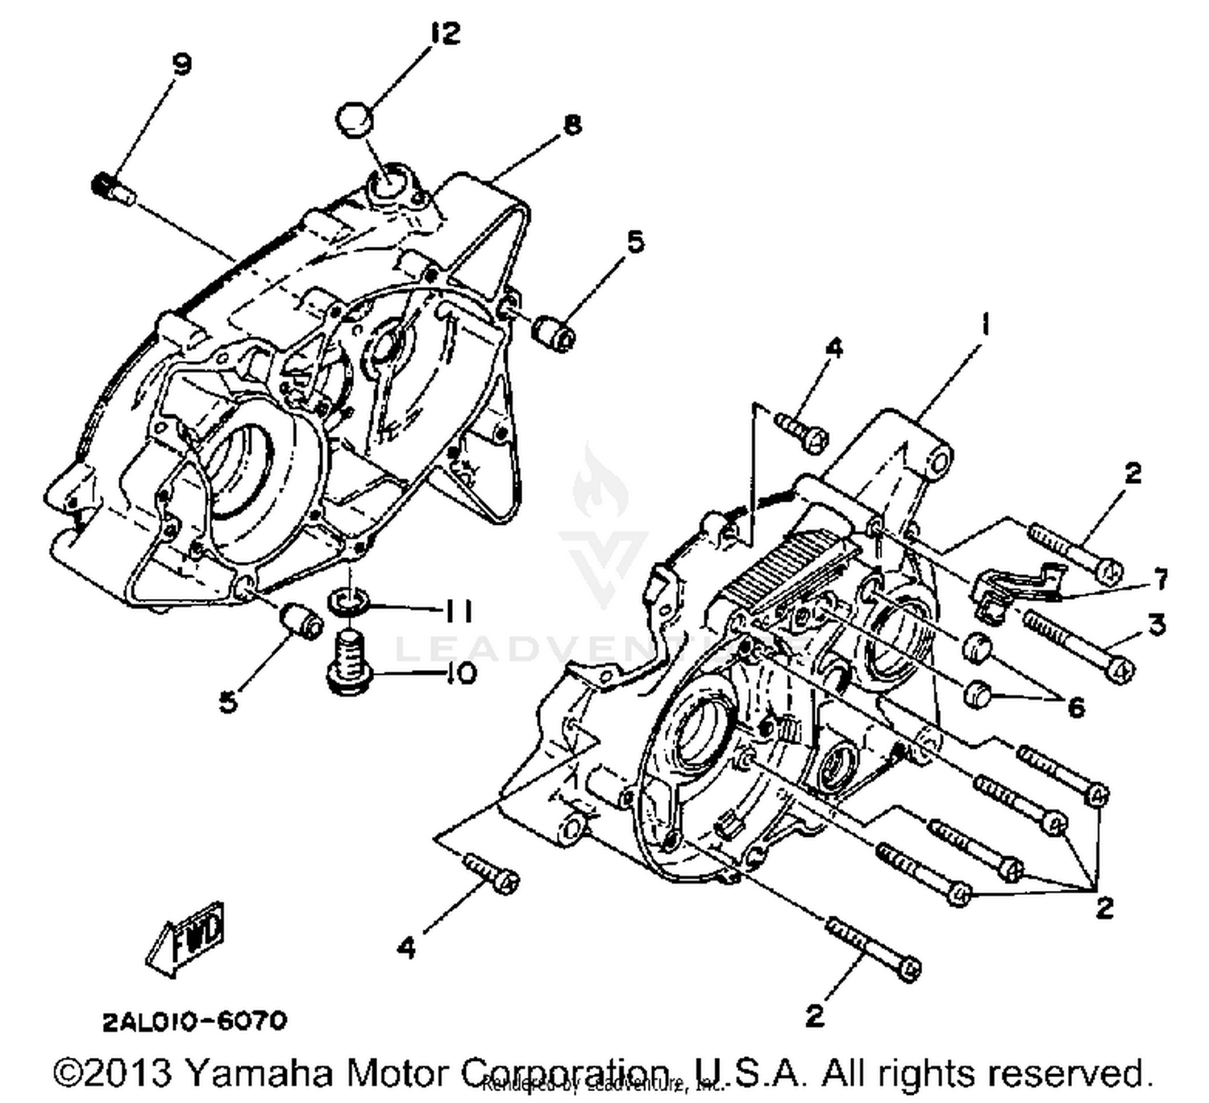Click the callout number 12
tap(444, 33)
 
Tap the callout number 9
tap(182, 64)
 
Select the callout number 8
tap(571, 125)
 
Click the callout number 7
tap(1160, 578)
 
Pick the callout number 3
tap(1157, 623)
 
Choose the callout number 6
tap(1076, 707)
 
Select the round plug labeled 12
tap(355, 118)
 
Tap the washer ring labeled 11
tap(348, 600)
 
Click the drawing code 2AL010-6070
tap(194, 1021)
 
